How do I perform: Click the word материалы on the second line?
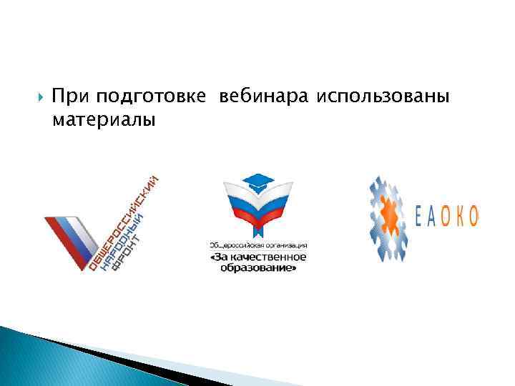click(x=103, y=119)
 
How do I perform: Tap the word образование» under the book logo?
click(x=257, y=269)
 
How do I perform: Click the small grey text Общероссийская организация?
click(x=257, y=244)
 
